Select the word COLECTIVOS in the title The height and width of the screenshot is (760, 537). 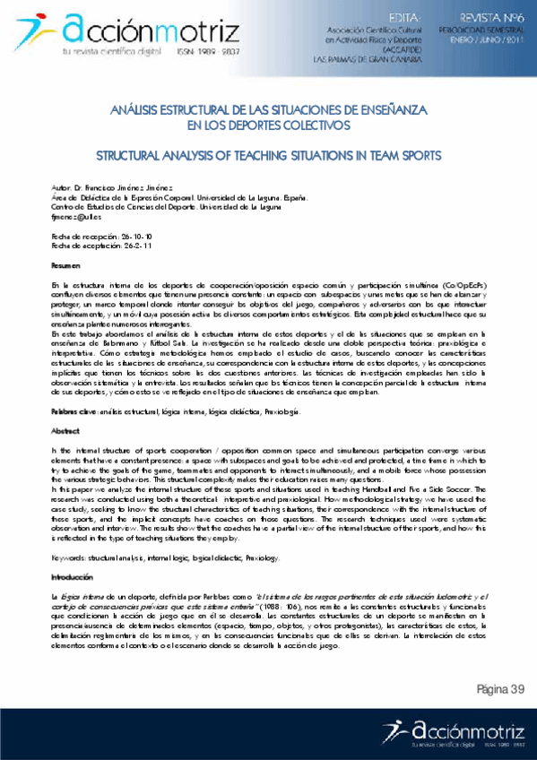[312, 126]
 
